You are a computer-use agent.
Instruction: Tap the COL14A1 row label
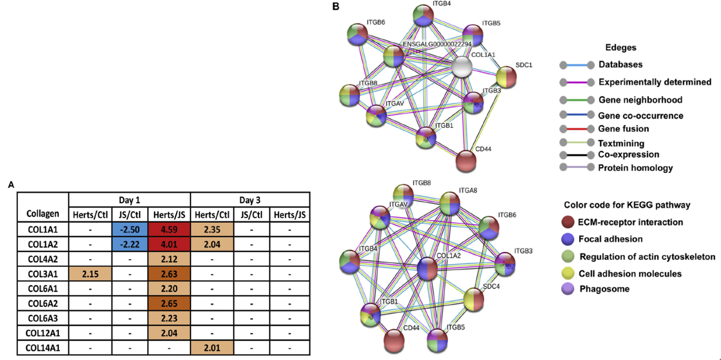click(43, 348)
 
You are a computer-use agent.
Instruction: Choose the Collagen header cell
click(43, 213)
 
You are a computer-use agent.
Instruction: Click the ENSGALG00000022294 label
click(436, 44)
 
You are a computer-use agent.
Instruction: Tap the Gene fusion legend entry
click(620, 129)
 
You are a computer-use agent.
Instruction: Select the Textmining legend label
click(621, 144)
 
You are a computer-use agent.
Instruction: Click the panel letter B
click(336, 7)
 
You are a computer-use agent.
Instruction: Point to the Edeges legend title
click(620, 47)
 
